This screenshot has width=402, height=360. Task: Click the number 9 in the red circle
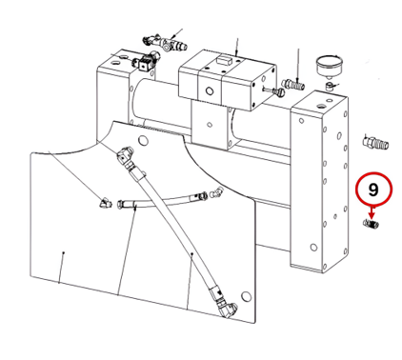(x=373, y=190)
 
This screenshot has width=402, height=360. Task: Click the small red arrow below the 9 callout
(x=372, y=211)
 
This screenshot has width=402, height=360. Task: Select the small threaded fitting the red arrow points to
(x=371, y=224)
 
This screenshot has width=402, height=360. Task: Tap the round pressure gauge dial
(x=330, y=66)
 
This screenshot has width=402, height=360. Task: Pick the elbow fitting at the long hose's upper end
(x=125, y=153)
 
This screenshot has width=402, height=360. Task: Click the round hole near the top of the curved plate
(x=144, y=139)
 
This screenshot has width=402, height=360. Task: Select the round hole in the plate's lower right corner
(x=246, y=296)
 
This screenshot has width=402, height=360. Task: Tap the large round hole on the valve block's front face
(x=210, y=91)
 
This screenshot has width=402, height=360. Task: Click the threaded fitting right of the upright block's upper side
(x=375, y=142)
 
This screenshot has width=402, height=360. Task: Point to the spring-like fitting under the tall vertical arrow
(x=293, y=85)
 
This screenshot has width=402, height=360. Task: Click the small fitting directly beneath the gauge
(x=330, y=86)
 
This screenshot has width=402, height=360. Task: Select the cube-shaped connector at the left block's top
(x=145, y=62)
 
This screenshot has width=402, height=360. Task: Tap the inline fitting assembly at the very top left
(x=164, y=43)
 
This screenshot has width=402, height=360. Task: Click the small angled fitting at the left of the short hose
(x=105, y=202)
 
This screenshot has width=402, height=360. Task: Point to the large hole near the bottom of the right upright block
(x=313, y=247)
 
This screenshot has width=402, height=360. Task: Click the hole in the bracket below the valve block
(x=210, y=124)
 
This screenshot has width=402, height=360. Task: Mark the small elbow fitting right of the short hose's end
(x=217, y=191)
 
